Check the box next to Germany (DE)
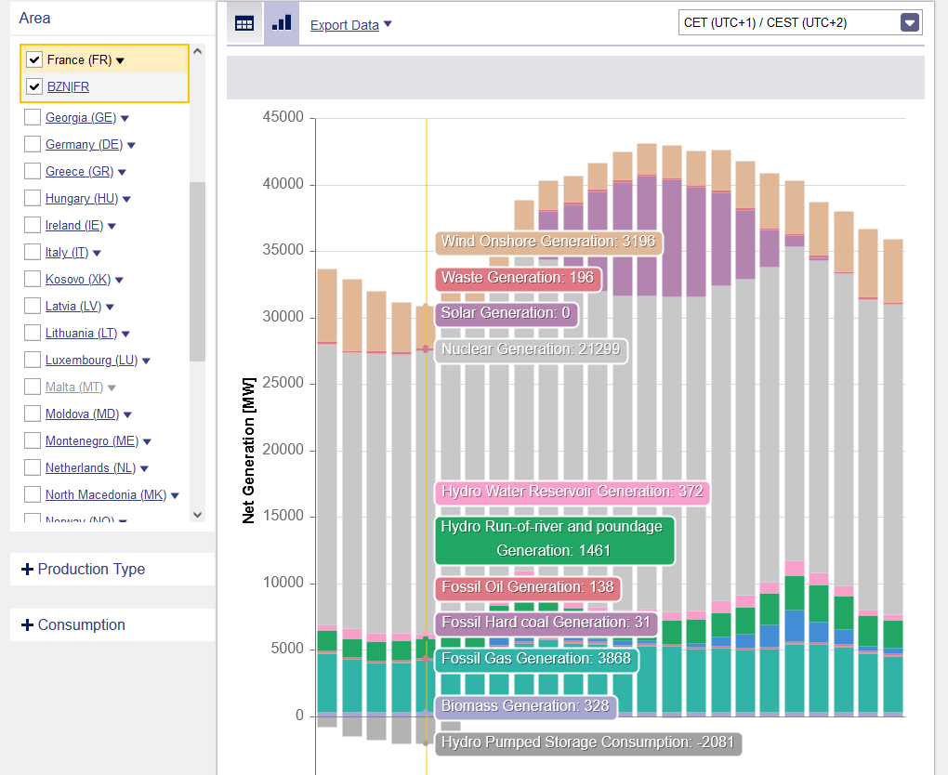pyautogui.click(x=33, y=144)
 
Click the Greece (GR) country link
pyautogui.click(x=79, y=172)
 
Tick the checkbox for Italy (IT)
pyautogui.click(x=33, y=252)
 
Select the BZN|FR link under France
pyautogui.click(x=68, y=86)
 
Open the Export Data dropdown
pyautogui.click(x=350, y=25)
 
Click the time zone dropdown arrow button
pyautogui.click(x=910, y=22)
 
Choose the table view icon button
pyautogui.click(x=244, y=23)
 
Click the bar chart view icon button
pyautogui.click(x=282, y=23)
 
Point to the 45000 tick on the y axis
pyautogui.click(x=284, y=118)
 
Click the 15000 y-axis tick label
pyautogui.click(x=284, y=517)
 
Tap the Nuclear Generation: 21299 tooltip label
pyautogui.click(x=533, y=349)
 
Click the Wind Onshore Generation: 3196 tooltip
pyautogui.click(x=548, y=242)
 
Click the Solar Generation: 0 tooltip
pyautogui.click(x=506, y=313)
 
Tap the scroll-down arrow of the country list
pyautogui.click(x=197, y=514)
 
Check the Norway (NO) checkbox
pyautogui.click(x=33, y=521)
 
